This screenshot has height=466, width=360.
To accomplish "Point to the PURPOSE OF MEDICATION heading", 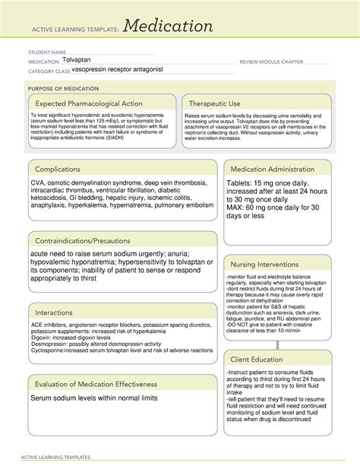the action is coord(60,88).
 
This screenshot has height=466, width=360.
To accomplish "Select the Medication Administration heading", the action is coord(277,170).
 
